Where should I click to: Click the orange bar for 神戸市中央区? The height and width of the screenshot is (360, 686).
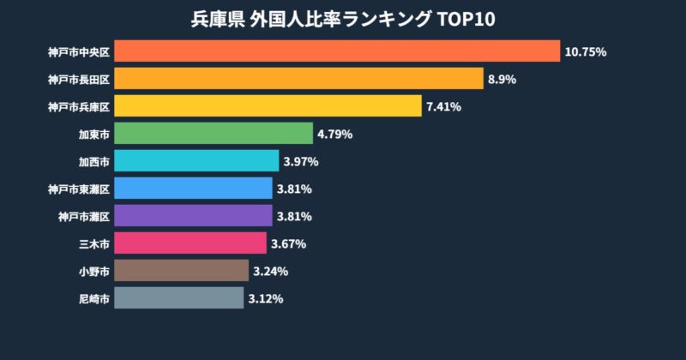coord(336,51)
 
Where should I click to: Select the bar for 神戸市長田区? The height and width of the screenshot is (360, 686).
coord(298,79)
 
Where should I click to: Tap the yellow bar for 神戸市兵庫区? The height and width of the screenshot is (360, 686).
coord(268,106)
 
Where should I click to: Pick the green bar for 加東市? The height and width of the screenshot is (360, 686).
coord(213,134)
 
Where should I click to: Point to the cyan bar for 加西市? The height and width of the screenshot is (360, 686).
coord(196,161)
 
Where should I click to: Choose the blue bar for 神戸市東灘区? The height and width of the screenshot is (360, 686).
coord(193,189)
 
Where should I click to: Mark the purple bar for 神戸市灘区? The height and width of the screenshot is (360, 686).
coord(193,216)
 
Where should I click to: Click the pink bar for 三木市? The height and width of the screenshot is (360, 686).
coord(190,243)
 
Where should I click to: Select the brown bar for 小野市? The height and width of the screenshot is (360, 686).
coord(181,271)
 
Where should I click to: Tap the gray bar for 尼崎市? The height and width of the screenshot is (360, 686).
coord(178,298)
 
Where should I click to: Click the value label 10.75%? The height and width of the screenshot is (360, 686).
coord(586,52)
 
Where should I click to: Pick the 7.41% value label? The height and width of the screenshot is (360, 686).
coord(444,107)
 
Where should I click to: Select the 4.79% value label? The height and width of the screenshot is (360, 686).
coord(335,135)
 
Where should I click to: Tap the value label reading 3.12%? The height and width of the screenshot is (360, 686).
coord(266,299)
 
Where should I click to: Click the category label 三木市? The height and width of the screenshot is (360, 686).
coord(93,244)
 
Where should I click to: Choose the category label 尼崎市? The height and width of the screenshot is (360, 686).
coord(93,299)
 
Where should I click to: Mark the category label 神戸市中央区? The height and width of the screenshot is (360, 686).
coord(79,52)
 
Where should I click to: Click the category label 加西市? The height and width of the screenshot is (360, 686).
coord(93,162)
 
